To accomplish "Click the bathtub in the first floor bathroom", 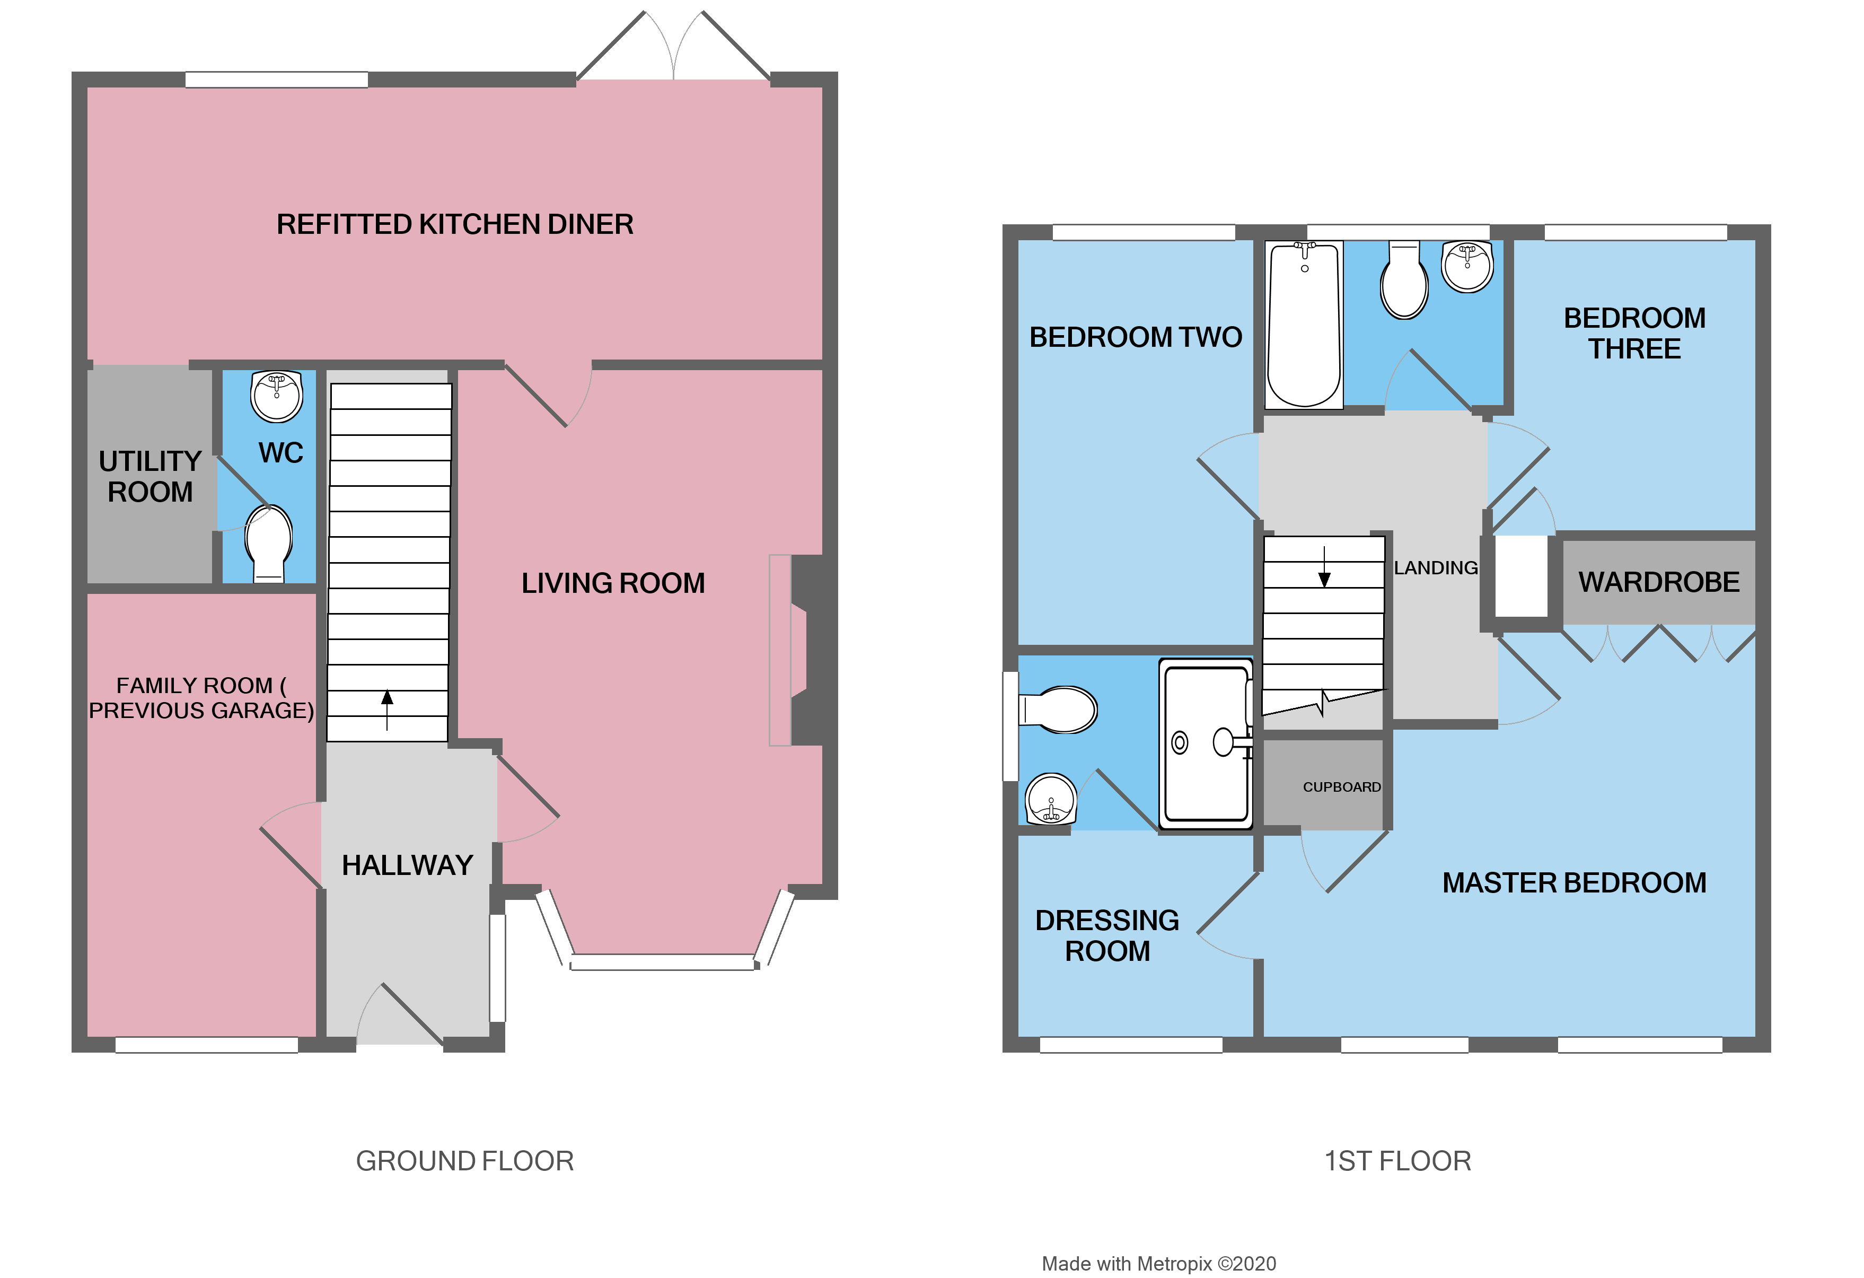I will (x=1304, y=325).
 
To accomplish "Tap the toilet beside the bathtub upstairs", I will (x=1404, y=281).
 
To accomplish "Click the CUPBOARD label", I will (x=1341, y=787).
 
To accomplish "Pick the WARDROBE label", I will (x=1659, y=582).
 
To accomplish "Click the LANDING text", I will (x=1435, y=568).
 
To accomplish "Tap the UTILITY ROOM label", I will (x=150, y=477).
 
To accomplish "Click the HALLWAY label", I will (x=408, y=865).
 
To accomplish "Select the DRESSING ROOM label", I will (x=1107, y=935).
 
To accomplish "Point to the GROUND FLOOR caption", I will (x=464, y=1161).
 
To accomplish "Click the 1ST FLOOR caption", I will (x=1397, y=1161).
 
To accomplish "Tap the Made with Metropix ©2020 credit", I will (x=1158, y=1264).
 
